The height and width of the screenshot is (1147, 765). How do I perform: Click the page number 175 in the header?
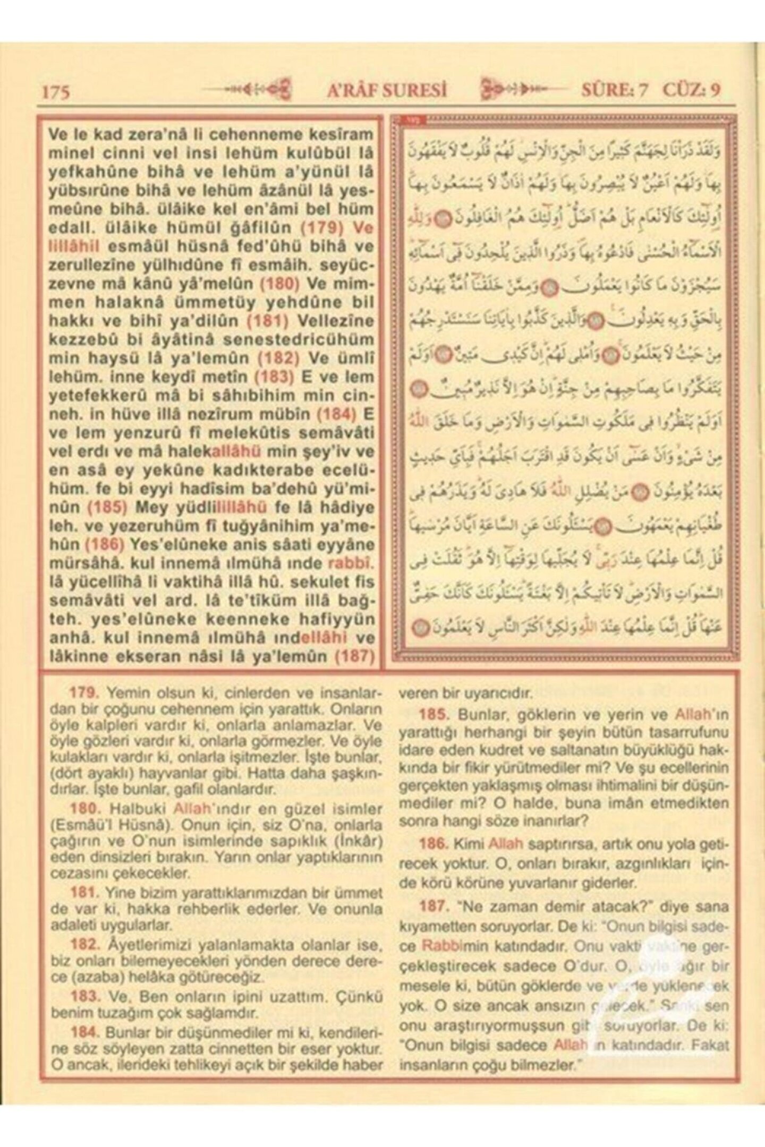[x=56, y=91]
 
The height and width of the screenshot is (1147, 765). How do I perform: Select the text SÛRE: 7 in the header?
[x=614, y=90]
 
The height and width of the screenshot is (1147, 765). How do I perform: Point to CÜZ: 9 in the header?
[x=691, y=90]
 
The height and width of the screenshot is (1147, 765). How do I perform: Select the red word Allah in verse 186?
[x=506, y=843]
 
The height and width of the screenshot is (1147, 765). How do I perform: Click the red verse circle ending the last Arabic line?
[x=419, y=628]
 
